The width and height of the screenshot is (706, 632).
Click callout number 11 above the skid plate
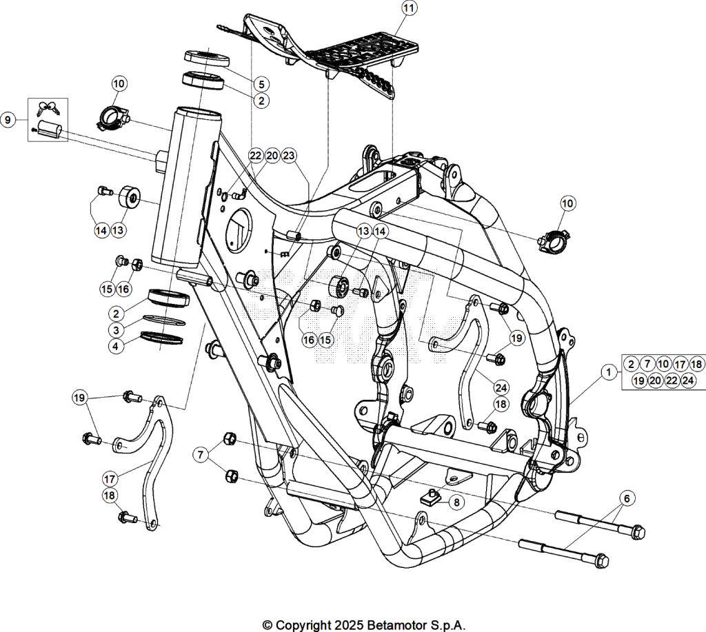point(409,8)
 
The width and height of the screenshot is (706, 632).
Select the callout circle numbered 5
point(261,83)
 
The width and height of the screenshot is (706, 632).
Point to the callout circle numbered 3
point(116,330)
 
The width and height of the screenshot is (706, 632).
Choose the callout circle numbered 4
point(116,346)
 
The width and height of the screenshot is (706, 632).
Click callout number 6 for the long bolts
point(627,498)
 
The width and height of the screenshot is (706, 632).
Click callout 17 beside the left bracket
point(110,478)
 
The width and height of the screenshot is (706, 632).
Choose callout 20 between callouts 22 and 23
point(272,156)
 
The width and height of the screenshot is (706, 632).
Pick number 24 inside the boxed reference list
point(688,380)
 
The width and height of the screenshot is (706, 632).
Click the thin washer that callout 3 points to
point(164,320)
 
